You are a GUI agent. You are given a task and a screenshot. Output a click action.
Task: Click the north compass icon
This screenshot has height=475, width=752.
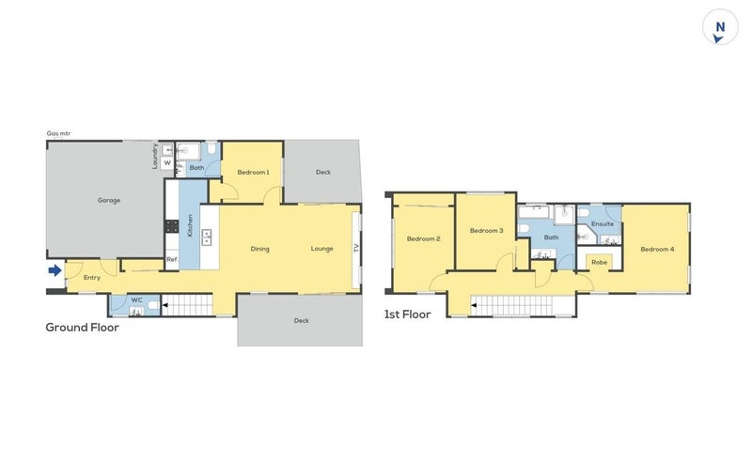pos(719,28)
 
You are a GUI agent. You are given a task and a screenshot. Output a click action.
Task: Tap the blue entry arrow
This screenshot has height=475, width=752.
pos(55,271)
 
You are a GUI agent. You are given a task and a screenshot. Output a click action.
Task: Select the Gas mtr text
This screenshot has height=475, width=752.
pos(58,133)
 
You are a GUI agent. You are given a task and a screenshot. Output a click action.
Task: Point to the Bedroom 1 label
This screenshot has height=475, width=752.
pos(253,172)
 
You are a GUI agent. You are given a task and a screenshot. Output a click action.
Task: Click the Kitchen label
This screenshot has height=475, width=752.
pos(190,225)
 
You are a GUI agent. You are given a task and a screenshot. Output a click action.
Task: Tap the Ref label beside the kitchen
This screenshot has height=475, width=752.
pos(171,259)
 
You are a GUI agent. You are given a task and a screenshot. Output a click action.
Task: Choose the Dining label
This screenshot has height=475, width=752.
pos(260,249)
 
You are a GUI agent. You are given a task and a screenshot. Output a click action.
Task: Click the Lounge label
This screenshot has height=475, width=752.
pos(322,249)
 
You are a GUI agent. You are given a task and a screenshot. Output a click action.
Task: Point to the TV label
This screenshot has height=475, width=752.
pos(356,249)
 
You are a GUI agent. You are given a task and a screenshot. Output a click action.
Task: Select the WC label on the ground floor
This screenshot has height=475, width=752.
pos(136,300)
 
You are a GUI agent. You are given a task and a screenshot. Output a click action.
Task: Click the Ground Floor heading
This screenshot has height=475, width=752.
pos(82,328)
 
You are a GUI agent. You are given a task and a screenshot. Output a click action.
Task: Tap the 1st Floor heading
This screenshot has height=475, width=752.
pos(407,314)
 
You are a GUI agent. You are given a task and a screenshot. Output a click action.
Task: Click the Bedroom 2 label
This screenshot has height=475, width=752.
pos(423,239)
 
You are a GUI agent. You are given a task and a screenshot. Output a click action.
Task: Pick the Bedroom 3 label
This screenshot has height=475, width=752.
pos(486,230)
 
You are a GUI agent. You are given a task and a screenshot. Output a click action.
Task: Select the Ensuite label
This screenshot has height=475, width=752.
pos(603,224)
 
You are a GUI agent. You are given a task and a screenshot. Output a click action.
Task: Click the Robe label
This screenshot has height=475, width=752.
pos(599,262)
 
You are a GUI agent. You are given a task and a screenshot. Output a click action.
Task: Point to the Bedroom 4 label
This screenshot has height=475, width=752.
pos(657,249)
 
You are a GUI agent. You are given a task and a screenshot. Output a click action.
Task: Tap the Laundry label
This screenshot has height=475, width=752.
pos(155,155)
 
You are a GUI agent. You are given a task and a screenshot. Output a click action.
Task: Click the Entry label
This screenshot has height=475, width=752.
pos(92,278)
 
